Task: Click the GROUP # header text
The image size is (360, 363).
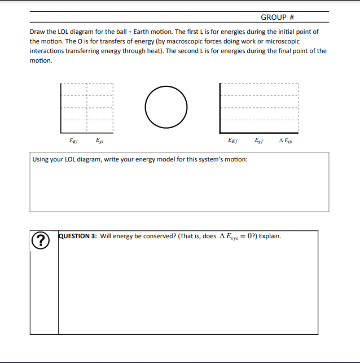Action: click(279, 18)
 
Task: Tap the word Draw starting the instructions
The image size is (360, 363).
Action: click(37, 32)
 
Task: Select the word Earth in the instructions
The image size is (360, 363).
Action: click(127, 32)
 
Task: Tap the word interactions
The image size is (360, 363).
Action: click(48, 51)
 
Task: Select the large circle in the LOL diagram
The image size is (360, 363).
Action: click(166, 106)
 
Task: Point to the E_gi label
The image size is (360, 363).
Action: click(99, 141)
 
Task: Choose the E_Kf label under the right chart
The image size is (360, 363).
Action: click(231, 141)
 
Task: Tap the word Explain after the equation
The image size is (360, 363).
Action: click(270, 236)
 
